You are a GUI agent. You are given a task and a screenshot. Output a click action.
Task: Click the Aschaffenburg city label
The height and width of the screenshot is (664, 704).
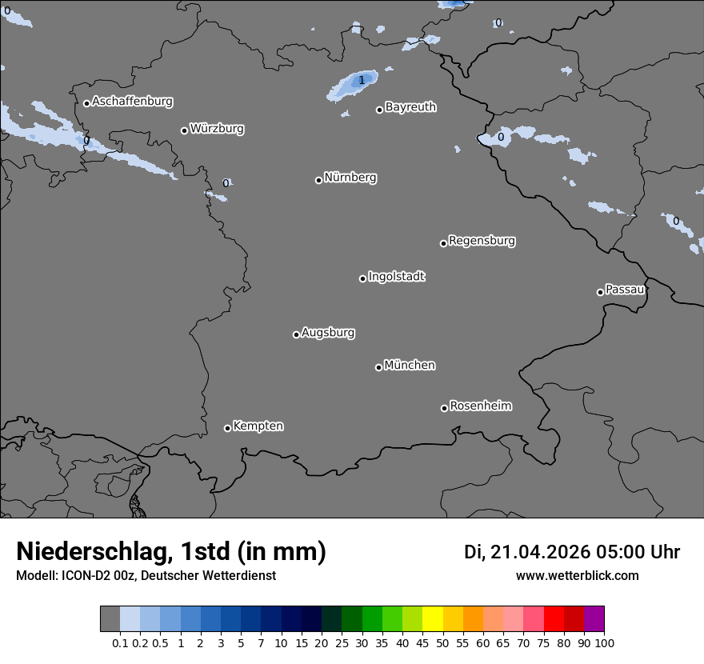132,102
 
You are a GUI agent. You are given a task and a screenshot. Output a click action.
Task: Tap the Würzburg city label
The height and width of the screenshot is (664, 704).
217,128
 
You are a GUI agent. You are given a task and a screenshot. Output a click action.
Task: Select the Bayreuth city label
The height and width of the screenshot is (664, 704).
410,106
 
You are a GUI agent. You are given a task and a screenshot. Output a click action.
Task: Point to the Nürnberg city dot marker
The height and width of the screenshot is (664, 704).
318,180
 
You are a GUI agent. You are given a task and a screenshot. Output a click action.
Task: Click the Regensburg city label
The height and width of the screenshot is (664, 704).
482,240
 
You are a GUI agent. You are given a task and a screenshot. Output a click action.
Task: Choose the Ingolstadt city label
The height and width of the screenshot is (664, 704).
396,277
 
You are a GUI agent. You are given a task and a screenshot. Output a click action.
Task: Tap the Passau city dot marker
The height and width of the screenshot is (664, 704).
600,292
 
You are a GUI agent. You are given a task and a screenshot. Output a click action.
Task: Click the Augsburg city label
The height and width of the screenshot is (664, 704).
328,332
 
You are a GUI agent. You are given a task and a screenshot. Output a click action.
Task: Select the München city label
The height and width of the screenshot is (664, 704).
410,365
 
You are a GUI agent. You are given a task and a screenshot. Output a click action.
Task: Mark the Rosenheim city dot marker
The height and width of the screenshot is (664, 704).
444,409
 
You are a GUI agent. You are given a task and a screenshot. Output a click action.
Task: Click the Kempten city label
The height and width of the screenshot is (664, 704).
258,426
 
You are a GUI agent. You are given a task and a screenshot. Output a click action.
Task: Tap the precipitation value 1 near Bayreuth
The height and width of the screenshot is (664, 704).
362,80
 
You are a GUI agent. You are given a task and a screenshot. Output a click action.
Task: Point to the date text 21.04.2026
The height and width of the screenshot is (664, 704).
539,552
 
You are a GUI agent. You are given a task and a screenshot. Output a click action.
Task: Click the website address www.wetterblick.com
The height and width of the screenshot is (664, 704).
577,575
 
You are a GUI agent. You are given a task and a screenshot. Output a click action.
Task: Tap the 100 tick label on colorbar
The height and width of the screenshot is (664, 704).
604,642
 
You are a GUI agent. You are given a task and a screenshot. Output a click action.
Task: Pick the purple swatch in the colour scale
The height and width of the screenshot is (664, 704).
594,619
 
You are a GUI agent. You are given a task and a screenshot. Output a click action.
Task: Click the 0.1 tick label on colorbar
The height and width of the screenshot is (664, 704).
120,642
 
